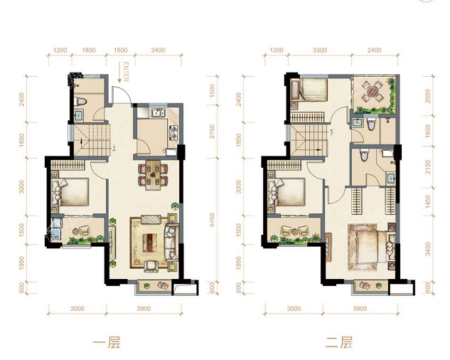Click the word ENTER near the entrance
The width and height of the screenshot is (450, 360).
(126, 72)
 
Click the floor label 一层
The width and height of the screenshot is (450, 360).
(107, 343)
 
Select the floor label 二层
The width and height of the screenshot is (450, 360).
(339, 343)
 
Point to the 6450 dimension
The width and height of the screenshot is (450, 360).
(212, 220)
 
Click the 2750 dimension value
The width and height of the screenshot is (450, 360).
(212, 132)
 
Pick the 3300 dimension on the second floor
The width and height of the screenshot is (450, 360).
(320, 51)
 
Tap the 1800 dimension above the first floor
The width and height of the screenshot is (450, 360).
(89, 51)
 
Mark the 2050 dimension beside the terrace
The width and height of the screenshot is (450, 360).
(428, 96)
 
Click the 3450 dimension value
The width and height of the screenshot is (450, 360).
(428, 249)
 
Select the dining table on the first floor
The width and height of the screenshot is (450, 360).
(153, 175)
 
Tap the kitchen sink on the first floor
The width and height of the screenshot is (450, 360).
(158, 113)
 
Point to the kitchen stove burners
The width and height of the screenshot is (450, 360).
(173, 132)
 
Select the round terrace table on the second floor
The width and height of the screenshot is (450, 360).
(373, 91)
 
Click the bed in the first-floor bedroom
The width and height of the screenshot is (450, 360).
(70, 192)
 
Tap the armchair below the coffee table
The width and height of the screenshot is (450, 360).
(151, 265)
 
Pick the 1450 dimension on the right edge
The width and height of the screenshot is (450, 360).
(428, 201)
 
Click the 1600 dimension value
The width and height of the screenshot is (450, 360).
(428, 131)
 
